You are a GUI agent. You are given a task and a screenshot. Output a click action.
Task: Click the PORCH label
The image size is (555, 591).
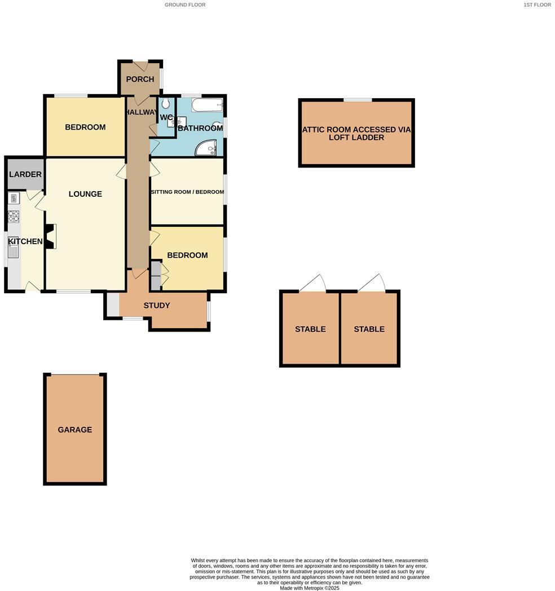point(140,79)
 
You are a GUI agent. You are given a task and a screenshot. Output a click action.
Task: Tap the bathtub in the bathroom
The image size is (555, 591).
point(207,105)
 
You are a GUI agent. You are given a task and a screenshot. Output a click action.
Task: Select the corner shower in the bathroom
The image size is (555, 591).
point(206,147)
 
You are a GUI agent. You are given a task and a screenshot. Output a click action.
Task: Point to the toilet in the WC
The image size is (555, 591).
point(165,104)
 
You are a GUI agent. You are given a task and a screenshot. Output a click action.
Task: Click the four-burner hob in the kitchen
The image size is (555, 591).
point(14,217)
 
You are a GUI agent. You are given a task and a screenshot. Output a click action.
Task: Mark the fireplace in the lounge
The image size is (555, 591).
point(51,236)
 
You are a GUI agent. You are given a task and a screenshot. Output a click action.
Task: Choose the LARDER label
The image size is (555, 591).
point(25,174)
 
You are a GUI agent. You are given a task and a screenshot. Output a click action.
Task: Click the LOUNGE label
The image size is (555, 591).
point(85,194)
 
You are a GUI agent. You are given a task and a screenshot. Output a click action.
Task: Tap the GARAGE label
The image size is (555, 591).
point(74,430)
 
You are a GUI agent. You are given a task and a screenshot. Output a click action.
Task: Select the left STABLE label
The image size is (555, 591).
point(310,329)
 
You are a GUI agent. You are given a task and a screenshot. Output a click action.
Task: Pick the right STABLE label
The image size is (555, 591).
point(369,329)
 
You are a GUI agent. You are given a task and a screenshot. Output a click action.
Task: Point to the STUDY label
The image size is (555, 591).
point(157,306)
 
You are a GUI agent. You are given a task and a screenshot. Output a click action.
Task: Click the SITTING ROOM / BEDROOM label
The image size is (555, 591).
point(187,192)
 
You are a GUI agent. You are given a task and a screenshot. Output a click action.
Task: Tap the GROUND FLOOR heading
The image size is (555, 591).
point(185,5)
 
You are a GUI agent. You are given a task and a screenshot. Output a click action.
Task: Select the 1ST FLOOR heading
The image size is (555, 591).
point(537,5)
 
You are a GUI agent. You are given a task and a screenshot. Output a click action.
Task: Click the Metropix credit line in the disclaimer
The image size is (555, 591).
point(310,588)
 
